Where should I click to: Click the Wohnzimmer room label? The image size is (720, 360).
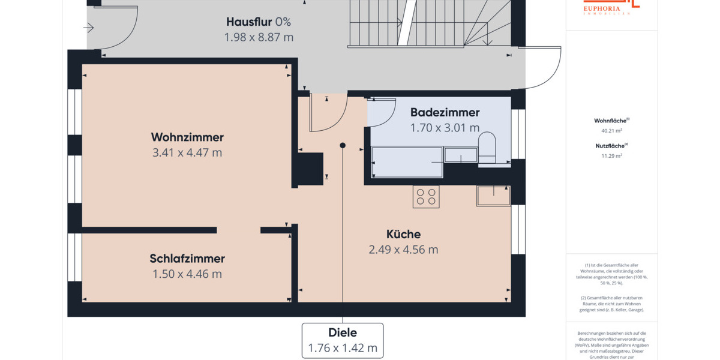(187, 136)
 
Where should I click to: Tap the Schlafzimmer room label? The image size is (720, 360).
(187, 259)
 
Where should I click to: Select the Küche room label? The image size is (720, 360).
(403, 234)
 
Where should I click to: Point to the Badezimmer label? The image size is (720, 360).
(445, 112)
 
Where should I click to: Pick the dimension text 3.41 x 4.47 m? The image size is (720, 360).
(187, 152)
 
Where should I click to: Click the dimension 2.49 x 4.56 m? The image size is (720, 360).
(403, 250)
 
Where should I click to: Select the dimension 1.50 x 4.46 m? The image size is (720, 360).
(187, 274)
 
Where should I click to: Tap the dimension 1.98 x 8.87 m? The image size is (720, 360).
(258, 37)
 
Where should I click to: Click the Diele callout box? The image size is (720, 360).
(343, 340)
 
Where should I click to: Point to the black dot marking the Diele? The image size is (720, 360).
(343, 145)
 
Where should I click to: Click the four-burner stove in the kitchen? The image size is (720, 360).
(426, 197)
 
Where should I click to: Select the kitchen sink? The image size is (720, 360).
(493, 196)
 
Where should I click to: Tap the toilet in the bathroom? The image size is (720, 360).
(487, 148)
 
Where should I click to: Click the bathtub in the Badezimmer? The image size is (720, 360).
(407, 162)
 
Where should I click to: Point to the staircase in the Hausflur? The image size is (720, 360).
(429, 24)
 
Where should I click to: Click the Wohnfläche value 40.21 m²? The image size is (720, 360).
(611, 130)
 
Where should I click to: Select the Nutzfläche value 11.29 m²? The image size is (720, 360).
(611, 155)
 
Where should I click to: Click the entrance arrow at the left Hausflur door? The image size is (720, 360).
(89, 28)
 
